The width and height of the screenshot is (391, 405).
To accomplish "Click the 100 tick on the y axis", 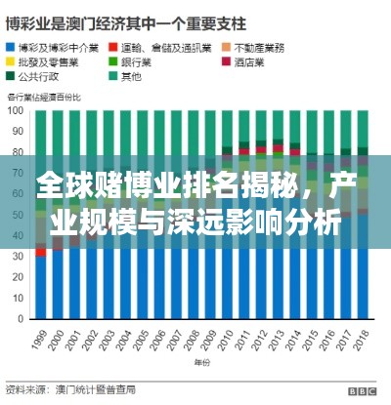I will coord(17,110).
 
